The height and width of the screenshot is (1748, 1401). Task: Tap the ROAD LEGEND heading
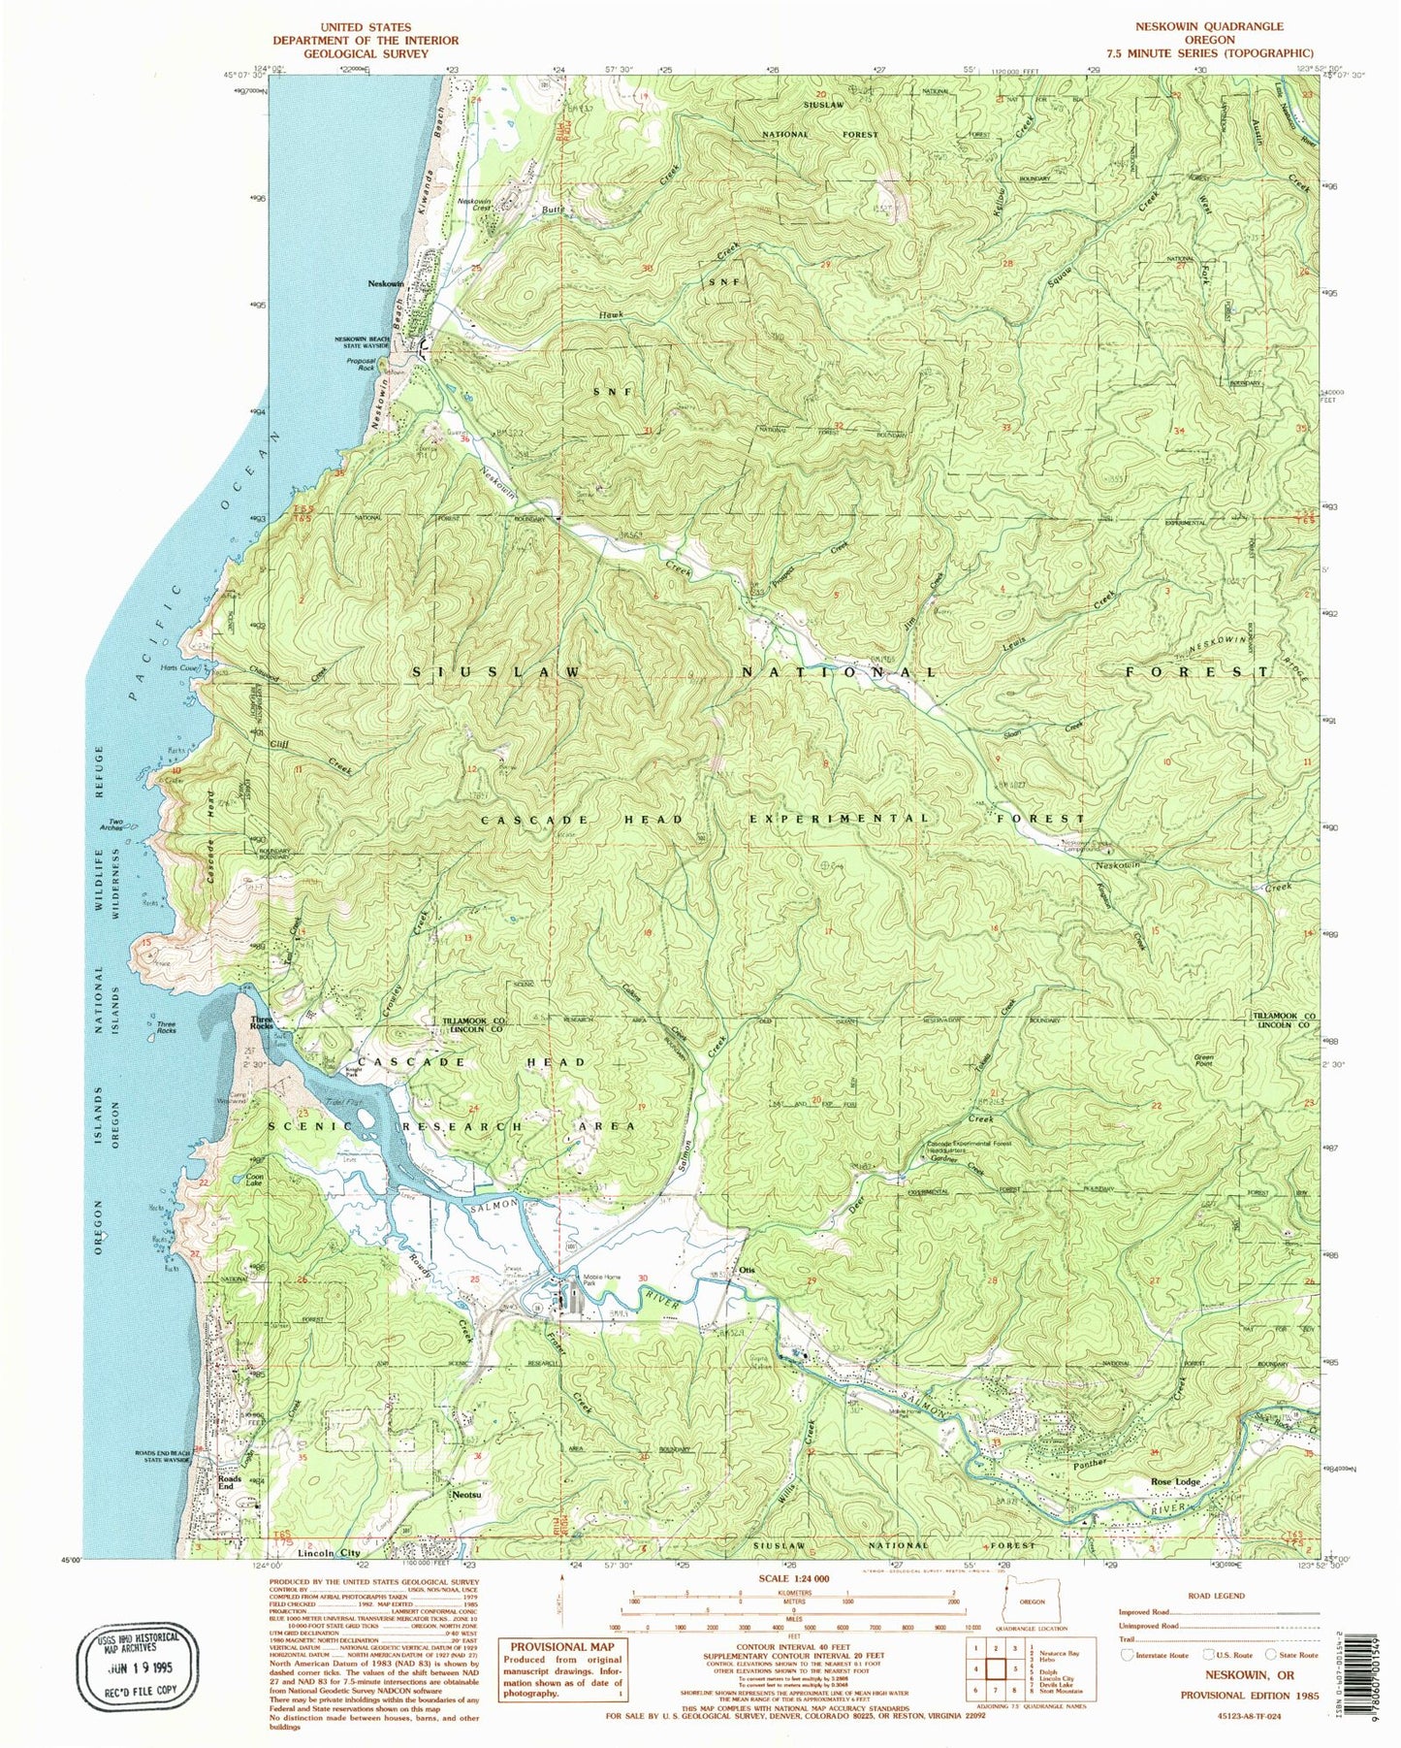click(1216, 1595)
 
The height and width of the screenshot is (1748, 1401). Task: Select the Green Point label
click(1203, 1059)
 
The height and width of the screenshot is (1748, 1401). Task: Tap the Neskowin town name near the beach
click(385, 283)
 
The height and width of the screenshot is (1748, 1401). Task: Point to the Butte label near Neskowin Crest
click(553, 210)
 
